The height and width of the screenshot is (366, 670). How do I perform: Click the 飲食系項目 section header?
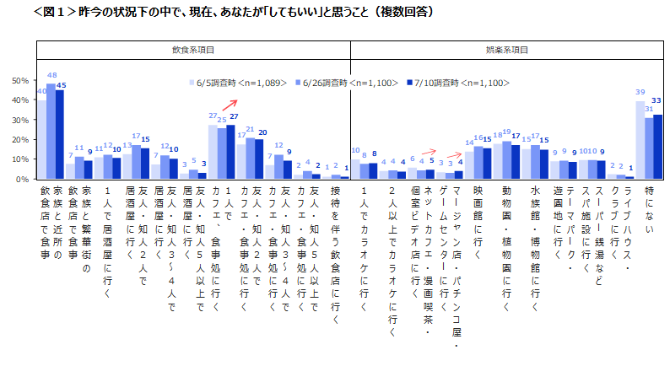click(194, 51)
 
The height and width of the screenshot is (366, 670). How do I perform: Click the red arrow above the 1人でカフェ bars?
click(228, 105)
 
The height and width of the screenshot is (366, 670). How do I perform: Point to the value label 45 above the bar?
click(61, 84)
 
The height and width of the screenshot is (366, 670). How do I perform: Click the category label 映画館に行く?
click(478, 214)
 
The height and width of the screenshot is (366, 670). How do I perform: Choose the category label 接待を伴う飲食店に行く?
click(334, 245)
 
